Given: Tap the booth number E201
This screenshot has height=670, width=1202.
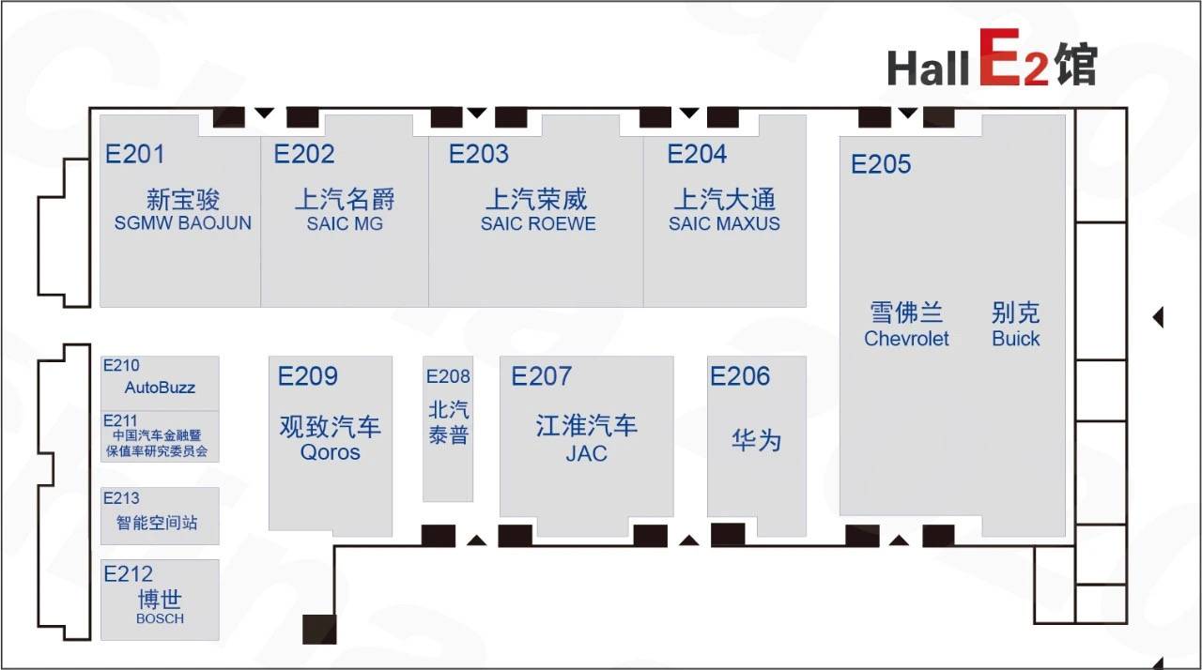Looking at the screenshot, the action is (134, 155).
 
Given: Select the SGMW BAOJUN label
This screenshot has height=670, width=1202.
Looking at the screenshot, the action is (182, 223).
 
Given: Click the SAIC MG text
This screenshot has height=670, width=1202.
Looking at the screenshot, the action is (345, 223).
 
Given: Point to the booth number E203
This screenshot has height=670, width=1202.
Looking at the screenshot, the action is (479, 155).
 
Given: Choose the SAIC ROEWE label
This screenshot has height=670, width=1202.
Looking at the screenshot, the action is (538, 223).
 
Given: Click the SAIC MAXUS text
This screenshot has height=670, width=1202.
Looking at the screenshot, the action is (724, 223).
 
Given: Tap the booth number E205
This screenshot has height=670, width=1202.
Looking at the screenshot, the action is (881, 164).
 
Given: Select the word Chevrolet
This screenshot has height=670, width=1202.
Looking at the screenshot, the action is (906, 339).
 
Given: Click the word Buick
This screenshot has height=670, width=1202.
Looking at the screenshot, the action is (1016, 339).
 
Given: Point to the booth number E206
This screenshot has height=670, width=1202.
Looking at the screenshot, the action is (740, 376).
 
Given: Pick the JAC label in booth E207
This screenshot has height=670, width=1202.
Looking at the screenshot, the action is (586, 454).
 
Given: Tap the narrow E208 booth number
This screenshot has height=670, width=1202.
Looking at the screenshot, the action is (448, 376).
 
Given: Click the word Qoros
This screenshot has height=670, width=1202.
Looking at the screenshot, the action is (330, 452).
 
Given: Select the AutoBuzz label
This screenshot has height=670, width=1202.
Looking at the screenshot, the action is (160, 388).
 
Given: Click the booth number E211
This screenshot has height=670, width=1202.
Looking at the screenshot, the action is (120, 420).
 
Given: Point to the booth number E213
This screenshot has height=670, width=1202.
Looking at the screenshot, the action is (121, 498).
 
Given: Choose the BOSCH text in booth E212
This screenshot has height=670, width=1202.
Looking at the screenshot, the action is (160, 618).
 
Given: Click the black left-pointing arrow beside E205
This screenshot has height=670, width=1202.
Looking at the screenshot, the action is (1158, 317).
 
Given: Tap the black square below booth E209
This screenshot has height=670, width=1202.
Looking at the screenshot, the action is (319, 630).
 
